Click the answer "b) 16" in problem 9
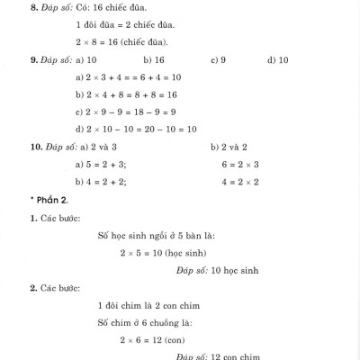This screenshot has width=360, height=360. [153, 60]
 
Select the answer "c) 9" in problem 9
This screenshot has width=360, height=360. [218, 60]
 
